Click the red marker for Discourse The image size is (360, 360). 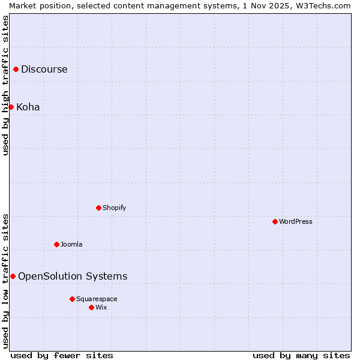[x=16, y=70]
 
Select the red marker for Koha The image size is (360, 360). [x=11, y=107]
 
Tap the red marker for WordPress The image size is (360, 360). [x=275, y=222]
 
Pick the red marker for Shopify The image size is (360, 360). [x=99, y=208]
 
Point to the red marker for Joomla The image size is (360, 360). [x=57, y=245]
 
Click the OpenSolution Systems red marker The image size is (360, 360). [x=13, y=277]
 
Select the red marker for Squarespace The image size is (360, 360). [x=73, y=299]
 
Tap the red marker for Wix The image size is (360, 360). [x=92, y=308]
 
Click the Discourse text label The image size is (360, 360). [x=44, y=70]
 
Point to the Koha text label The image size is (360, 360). [x=28, y=107]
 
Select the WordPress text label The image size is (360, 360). [x=296, y=222]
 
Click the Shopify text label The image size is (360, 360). [x=115, y=208]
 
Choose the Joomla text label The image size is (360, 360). [x=71, y=245]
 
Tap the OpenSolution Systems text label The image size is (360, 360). [x=73, y=277]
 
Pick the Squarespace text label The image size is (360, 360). [x=97, y=299]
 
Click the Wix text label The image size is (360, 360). [x=101, y=308]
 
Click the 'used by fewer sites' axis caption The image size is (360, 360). [x=62, y=355]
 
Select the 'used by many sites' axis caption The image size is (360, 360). [x=301, y=355]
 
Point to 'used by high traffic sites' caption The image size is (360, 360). [x=5, y=85]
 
